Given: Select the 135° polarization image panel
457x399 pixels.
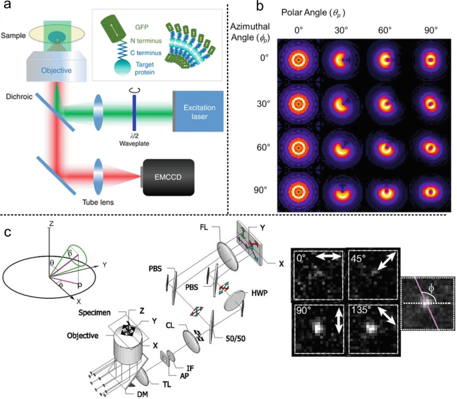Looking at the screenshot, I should click(x=372, y=327).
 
